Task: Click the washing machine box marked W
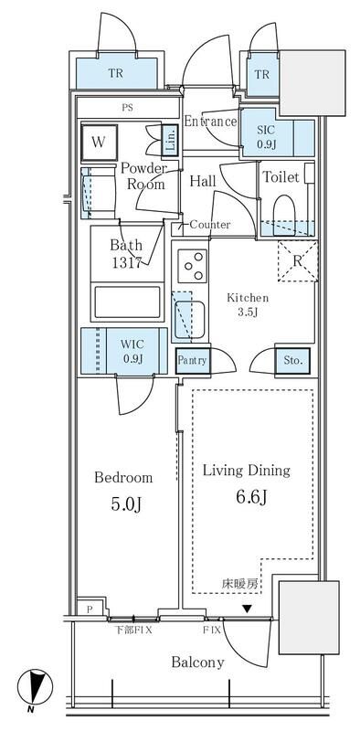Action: [x=99, y=142]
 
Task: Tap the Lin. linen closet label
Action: [x=170, y=140]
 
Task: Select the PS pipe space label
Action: [x=127, y=108]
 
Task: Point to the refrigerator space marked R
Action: [x=298, y=261]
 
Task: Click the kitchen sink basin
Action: [x=191, y=319]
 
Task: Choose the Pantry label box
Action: [x=192, y=360]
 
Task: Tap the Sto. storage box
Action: [x=293, y=360]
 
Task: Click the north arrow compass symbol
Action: [x=35, y=688]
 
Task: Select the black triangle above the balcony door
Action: [x=247, y=609]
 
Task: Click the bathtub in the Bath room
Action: [x=127, y=302]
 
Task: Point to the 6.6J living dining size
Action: [x=252, y=497]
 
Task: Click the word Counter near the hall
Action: [x=210, y=225]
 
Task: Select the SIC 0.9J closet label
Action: [x=266, y=136]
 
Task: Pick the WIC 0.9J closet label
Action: [x=132, y=352]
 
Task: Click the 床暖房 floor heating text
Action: [x=239, y=584]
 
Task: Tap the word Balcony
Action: [x=197, y=662]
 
